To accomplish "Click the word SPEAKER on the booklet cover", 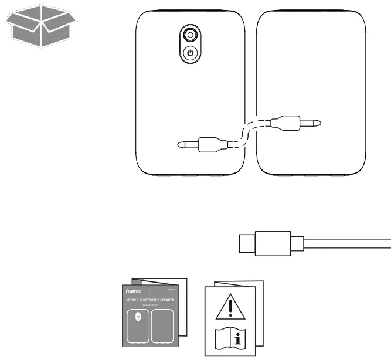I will tap(169, 300).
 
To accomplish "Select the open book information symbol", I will tap(233, 338).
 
